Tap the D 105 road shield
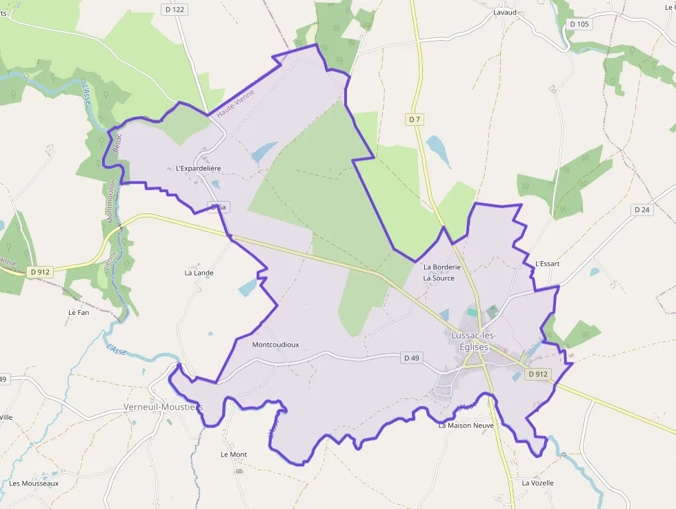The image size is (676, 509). coord(579,24)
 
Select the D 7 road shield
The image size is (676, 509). coord(414,119)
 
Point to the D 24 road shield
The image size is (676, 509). coord(642,209)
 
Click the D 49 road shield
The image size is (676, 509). coord(412,358)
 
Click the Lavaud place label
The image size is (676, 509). coord(505,12)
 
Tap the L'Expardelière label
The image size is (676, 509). coord(198,168)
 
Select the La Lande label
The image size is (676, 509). coord(199,273)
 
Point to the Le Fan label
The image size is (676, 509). coord(79,312)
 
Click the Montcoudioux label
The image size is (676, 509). coord(276,344)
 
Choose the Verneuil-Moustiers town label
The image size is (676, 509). coord(163,407)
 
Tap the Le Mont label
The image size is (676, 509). coord(234,454)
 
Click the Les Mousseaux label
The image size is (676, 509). coord(34,483)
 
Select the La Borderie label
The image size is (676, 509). coord(441,267)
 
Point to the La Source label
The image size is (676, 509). coord(439,278)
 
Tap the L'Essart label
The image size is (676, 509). coord(547,264)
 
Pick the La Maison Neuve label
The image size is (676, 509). coord(466,425)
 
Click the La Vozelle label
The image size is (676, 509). coord(537,483)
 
